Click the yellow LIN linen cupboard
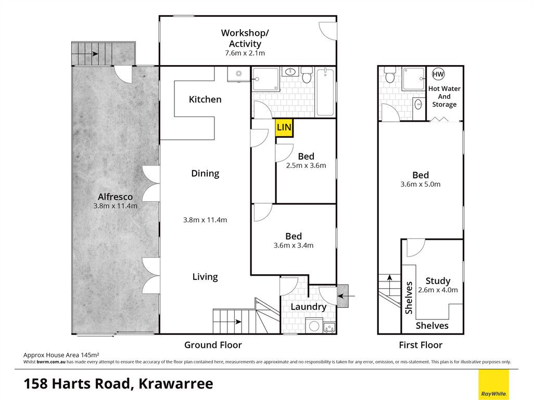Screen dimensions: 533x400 click(284, 128)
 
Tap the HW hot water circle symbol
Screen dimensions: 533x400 click(438, 74)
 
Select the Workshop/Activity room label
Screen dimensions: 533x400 click(245, 38)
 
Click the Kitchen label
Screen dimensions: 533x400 click(205, 99)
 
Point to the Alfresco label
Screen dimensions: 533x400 click(115, 197)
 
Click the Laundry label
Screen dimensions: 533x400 click(308, 307)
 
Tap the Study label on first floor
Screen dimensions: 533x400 click(438, 281)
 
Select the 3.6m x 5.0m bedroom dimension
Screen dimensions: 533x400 click(421, 184)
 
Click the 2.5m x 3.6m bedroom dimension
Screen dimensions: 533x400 click(306, 165)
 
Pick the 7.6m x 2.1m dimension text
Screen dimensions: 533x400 click(245, 53)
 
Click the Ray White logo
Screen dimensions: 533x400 click(493, 384)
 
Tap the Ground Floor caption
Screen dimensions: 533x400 click(213, 345)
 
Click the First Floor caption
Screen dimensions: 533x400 click(421, 345)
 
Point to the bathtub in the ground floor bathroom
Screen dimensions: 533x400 click(326, 92)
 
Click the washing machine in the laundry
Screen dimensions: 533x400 click(314, 326)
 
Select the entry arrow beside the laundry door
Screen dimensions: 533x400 click(347, 296)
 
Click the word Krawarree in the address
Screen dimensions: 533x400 click(176, 384)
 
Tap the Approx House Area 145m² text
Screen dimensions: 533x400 click(61, 355)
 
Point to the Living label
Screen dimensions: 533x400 click(205, 277)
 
